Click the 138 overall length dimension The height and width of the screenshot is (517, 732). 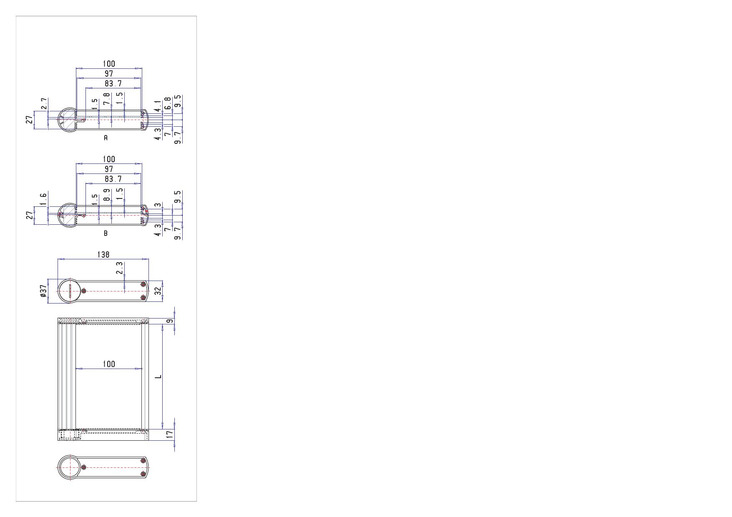[x=103, y=254]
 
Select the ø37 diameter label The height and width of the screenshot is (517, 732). [x=43, y=291]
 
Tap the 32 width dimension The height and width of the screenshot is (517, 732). [x=158, y=291]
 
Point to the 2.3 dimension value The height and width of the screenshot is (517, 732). [x=120, y=268]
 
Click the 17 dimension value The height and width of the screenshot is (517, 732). [x=169, y=434]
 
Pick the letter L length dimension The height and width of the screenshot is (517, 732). [x=158, y=377]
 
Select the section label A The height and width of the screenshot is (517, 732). [x=106, y=138]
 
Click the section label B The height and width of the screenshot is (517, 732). [x=106, y=233]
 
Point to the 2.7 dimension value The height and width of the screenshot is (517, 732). [x=44, y=104]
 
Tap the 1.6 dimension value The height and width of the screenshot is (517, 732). [x=44, y=199]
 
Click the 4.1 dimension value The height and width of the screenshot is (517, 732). [x=157, y=106]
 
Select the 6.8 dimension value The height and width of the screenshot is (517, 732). [x=168, y=103]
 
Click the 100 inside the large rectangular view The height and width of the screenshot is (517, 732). [x=109, y=364]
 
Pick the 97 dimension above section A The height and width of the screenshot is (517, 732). [x=109, y=74]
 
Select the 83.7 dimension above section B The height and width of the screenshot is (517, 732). [x=113, y=179]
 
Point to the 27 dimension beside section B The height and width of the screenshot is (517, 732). [x=30, y=215]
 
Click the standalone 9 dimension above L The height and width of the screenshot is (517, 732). [x=169, y=321]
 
